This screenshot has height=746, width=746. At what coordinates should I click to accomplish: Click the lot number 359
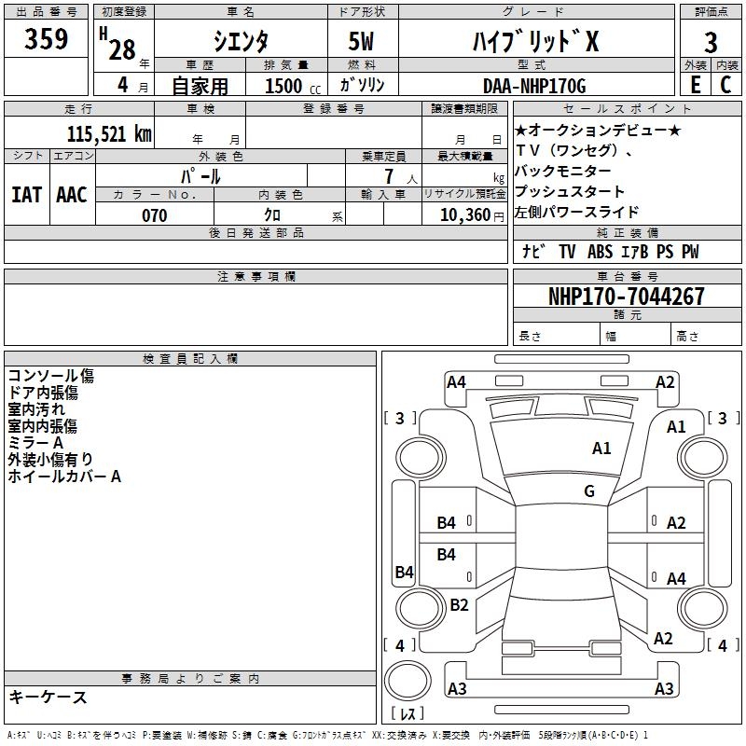(x=47, y=39)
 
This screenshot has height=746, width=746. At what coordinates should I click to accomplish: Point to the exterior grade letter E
(x=695, y=85)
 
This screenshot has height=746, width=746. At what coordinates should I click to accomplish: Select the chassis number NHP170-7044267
(x=626, y=297)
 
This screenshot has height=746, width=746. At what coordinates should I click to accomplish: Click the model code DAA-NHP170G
(x=535, y=86)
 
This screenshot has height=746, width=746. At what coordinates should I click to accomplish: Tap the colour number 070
(x=154, y=215)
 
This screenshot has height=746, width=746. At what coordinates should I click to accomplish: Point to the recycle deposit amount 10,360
(x=466, y=215)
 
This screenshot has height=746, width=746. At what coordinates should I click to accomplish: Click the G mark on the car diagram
(x=589, y=490)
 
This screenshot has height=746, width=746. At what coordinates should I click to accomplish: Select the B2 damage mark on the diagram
(x=459, y=605)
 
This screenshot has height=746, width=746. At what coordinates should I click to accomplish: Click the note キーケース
(x=48, y=698)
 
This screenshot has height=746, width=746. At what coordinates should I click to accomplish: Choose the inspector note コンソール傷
(x=51, y=376)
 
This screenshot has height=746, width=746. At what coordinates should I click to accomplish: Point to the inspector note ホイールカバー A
(x=65, y=477)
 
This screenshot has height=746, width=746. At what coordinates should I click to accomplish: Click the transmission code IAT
(x=27, y=194)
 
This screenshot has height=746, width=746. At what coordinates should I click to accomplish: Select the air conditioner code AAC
(x=72, y=194)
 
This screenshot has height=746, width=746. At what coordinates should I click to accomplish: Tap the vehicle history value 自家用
(x=200, y=86)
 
